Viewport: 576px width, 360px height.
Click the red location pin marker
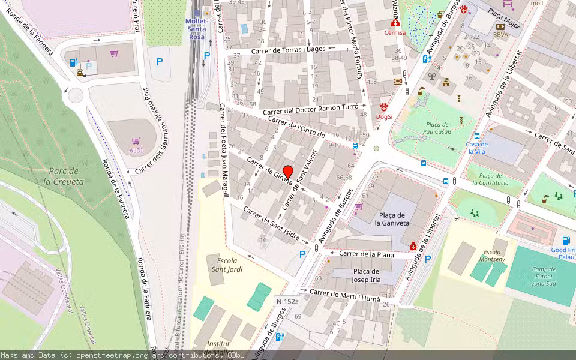tap(288, 172)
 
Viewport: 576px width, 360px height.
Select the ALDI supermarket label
tap(136, 150)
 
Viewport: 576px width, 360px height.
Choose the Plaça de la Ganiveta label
tap(393, 219)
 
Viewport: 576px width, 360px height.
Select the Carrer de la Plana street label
tap(366, 254)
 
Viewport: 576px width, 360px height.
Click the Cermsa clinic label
tap(395, 33)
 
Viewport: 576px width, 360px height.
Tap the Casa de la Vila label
tap(476, 148)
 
